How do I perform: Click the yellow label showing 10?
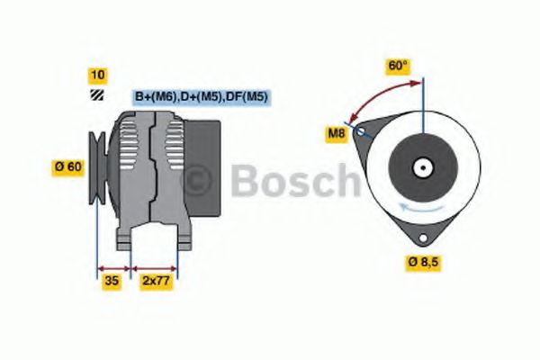point(97,74)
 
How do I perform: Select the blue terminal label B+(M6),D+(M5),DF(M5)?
point(202,96)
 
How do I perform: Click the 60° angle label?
point(398,66)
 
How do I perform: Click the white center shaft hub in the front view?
point(421,167)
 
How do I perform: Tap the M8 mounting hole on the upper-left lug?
point(361,131)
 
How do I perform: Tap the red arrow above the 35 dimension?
point(114,267)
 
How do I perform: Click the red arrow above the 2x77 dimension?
point(154,267)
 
